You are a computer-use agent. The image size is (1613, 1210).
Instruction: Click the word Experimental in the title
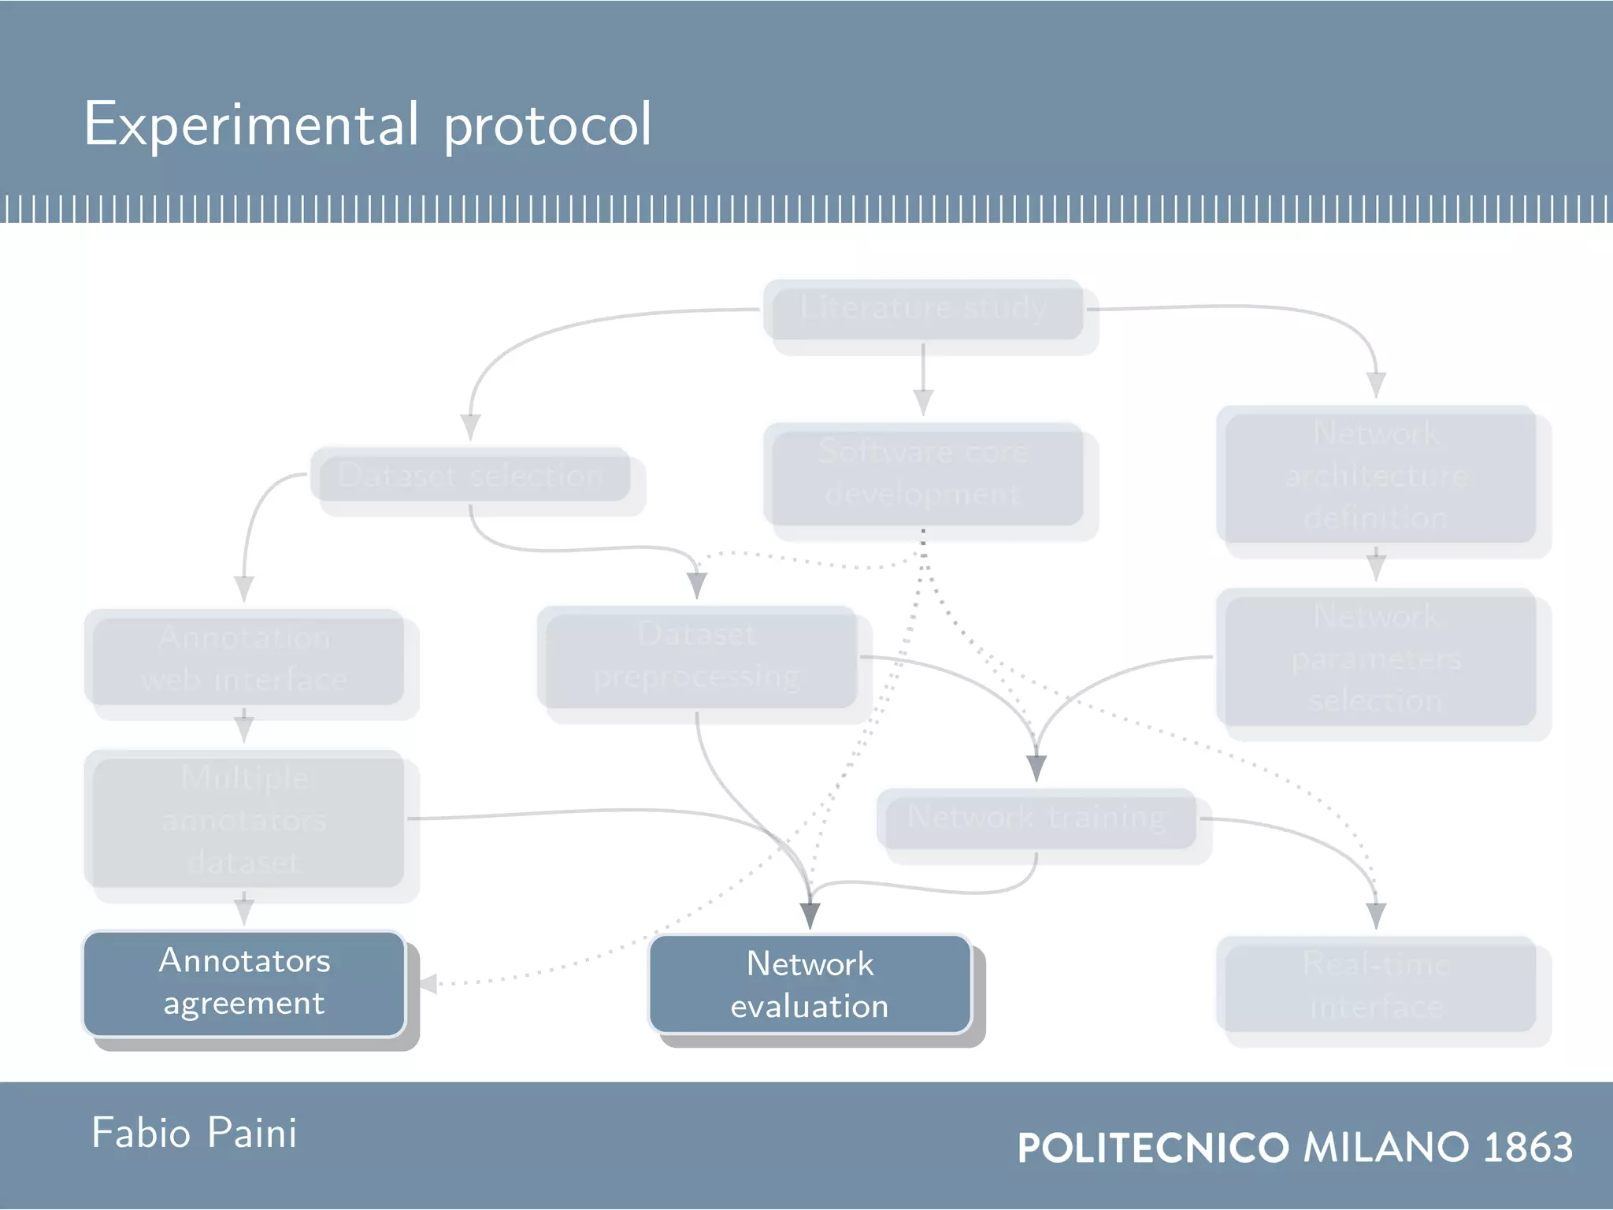(x=250, y=124)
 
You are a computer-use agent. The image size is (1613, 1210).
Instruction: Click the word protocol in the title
(x=547, y=126)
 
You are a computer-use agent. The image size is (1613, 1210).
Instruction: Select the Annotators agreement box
(x=244, y=982)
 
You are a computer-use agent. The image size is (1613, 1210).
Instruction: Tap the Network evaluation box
(x=810, y=985)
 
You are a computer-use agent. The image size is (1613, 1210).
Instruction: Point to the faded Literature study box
(x=923, y=308)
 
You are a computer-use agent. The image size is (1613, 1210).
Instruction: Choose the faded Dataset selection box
(x=470, y=476)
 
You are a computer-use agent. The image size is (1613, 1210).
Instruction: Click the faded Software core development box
(x=923, y=473)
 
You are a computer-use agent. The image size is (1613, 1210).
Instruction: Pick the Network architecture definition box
(x=1376, y=475)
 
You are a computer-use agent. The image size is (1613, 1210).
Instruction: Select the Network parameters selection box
(x=1376, y=658)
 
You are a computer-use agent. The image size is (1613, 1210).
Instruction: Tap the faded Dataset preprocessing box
(x=697, y=656)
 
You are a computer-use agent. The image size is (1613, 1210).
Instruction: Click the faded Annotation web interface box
(x=244, y=658)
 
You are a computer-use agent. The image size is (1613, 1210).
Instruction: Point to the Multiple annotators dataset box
(x=244, y=819)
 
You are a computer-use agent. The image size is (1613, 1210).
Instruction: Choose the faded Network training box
(x=1036, y=818)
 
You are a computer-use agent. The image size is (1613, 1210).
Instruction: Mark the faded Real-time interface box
(x=1376, y=985)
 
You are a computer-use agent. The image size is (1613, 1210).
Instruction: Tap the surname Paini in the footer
(x=252, y=1134)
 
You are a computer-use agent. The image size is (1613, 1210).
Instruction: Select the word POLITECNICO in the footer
(x=1153, y=1148)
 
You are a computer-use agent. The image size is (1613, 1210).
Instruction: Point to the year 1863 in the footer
(x=1528, y=1148)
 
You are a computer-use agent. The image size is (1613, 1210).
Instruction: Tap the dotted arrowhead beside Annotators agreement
(x=428, y=984)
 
